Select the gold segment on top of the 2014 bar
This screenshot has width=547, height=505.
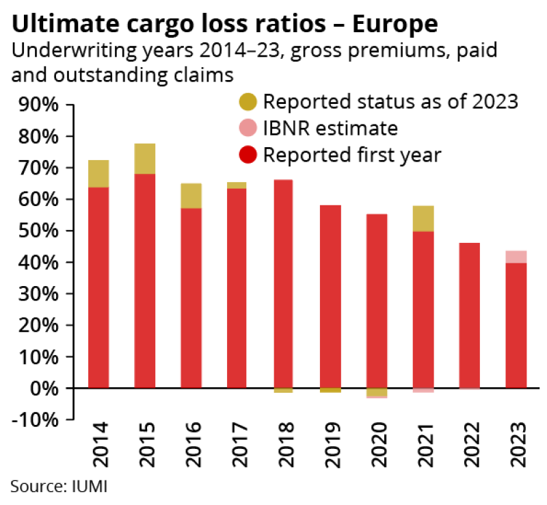point(99,173)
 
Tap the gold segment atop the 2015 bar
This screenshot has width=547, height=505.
point(145,158)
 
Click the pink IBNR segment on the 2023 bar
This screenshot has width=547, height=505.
point(516,257)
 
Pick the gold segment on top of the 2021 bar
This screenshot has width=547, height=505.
point(423,218)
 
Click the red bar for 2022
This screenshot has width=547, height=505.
point(470,315)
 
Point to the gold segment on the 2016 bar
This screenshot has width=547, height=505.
point(191,196)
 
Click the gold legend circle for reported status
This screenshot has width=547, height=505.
point(248,102)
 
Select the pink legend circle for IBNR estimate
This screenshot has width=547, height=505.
point(248,128)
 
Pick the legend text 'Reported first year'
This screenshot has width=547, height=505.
point(352,154)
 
